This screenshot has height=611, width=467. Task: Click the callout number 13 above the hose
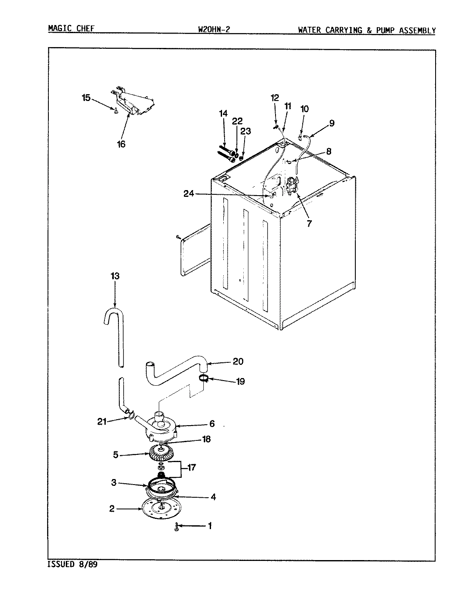[x=115, y=276]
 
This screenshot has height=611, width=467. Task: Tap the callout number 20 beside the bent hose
[x=238, y=362]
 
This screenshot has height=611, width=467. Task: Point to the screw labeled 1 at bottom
[x=177, y=527]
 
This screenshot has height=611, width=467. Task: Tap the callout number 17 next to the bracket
[x=192, y=468]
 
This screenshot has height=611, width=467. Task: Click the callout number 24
[x=188, y=193]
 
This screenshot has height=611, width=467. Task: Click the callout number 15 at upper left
[x=86, y=98]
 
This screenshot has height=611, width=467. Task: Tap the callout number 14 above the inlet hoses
[x=223, y=113]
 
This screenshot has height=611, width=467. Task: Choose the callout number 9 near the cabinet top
[x=331, y=123]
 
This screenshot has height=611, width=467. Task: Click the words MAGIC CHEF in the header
[x=71, y=29]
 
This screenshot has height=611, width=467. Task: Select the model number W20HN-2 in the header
[x=214, y=30]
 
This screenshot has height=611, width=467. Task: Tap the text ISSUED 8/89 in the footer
[x=72, y=565]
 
